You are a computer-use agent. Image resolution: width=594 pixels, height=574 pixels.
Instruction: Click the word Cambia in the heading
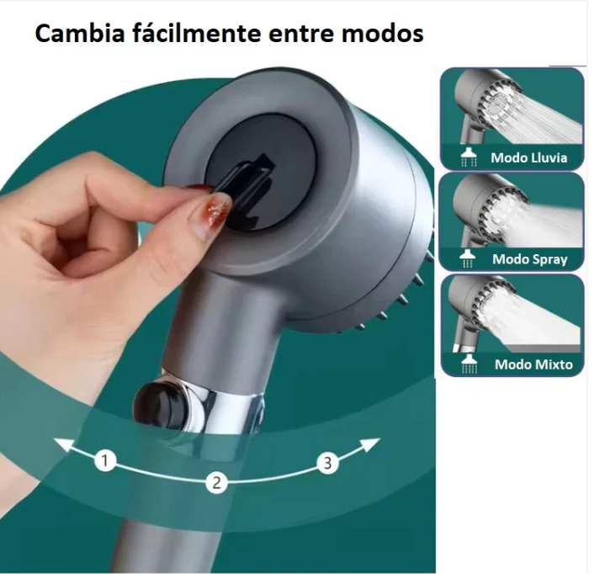click(80, 34)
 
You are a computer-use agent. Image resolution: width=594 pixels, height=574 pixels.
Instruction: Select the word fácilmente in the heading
click(197, 34)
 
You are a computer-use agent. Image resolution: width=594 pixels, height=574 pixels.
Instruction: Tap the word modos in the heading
click(382, 34)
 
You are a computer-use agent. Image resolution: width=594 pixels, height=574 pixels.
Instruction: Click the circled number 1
click(105, 460)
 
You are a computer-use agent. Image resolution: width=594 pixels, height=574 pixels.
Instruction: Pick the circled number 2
click(217, 483)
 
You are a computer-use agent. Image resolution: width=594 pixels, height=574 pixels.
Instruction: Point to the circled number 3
click(327, 463)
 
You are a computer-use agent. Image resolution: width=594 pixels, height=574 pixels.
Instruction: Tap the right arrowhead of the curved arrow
click(370, 444)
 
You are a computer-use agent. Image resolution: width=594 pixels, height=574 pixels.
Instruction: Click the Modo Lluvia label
click(529, 157)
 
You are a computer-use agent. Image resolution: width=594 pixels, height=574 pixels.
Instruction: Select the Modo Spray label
click(529, 259)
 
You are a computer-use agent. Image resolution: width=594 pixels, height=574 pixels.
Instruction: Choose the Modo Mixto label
click(533, 364)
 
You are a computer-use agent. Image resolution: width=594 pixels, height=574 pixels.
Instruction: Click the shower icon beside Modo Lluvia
click(469, 157)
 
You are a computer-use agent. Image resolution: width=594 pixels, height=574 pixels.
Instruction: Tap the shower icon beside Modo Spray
click(468, 258)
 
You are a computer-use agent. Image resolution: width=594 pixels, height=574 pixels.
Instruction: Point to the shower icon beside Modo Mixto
click(469, 364)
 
